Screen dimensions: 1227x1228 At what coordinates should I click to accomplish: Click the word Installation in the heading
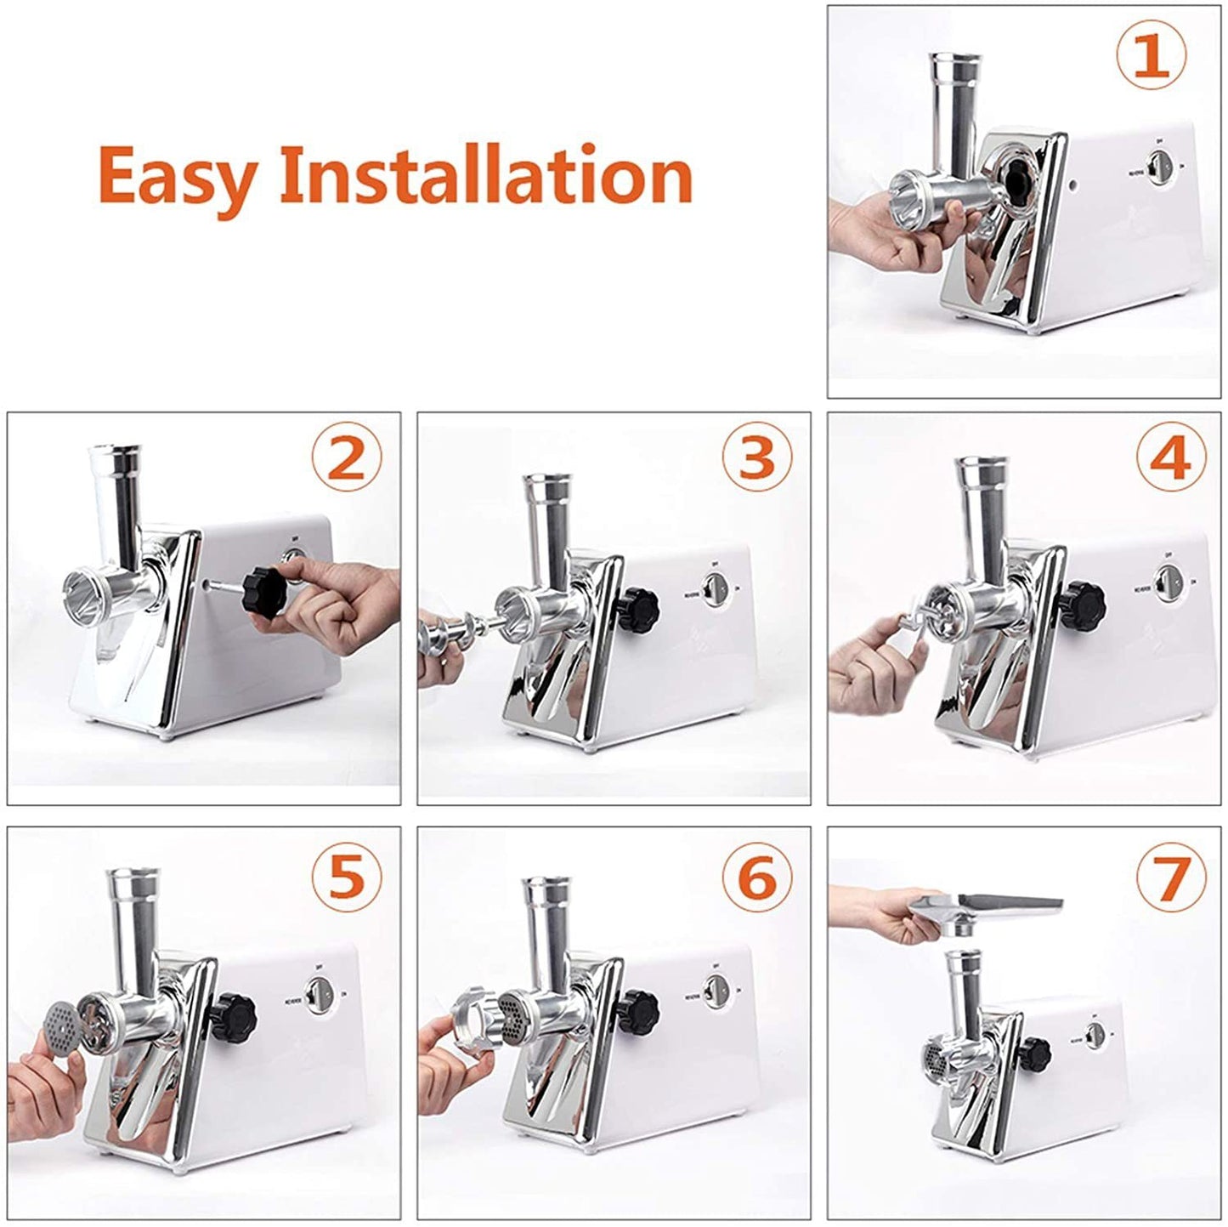486,174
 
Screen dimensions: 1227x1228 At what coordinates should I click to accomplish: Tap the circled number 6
756,875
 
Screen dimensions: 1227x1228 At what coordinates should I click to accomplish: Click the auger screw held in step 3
450,634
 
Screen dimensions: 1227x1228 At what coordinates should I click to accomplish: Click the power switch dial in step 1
1157,167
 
